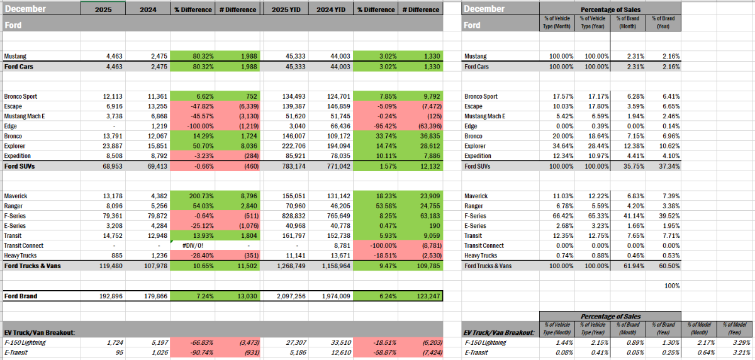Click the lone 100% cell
(671, 286)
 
